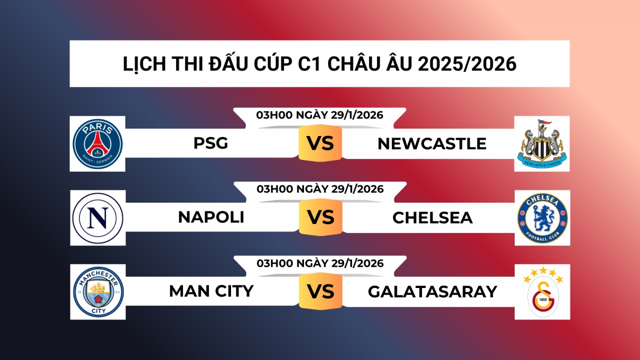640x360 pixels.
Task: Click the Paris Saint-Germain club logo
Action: click(x=98, y=143)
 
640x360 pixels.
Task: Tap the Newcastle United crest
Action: click(x=542, y=143)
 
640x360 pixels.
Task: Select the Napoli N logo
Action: click(x=98, y=218)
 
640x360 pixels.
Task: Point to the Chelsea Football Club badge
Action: click(x=542, y=218)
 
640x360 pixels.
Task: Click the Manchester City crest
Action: click(x=98, y=292)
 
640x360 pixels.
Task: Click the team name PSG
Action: click(x=211, y=143)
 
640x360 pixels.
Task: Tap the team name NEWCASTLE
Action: click(x=432, y=143)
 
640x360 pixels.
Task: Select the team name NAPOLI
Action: click(x=211, y=218)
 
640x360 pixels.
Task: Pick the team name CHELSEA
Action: click(x=433, y=218)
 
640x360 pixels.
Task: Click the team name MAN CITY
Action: click(x=211, y=291)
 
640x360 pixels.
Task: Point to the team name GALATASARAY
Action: click(x=432, y=291)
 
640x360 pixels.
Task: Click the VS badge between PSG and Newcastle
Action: click(x=320, y=143)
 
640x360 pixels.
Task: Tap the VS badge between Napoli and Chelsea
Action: click(x=320, y=218)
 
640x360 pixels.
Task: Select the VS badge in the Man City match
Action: click(x=320, y=291)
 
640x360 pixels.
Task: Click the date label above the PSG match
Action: click(x=319, y=115)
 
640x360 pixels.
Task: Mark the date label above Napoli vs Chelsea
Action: click(x=319, y=189)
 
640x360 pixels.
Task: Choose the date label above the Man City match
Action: click(x=319, y=263)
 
